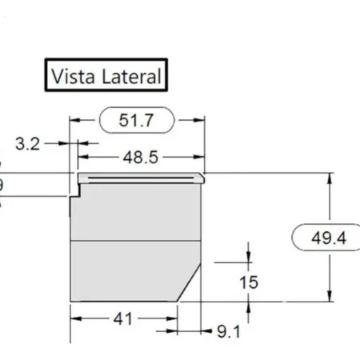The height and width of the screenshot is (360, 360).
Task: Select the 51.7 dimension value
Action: [x=135, y=121]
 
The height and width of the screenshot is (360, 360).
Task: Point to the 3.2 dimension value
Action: [x=27, y=143]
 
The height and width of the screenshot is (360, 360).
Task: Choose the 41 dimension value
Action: [x=122, y=318]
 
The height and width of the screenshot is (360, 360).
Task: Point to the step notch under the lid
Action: [x=78, y=190]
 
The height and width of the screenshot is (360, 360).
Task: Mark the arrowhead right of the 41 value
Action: [x=171, y=318]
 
